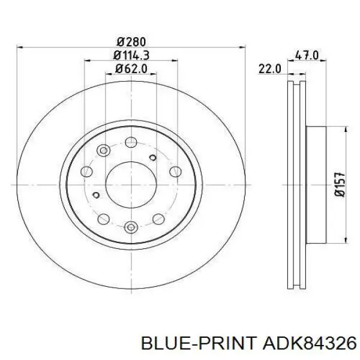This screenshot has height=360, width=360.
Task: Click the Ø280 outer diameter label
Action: (x=131, y=42)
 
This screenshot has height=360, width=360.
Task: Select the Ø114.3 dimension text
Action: (x=131, y=55)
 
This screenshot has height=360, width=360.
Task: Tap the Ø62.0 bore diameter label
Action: (x=131, y=68)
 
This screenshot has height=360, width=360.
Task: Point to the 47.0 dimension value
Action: (x=307, y=55)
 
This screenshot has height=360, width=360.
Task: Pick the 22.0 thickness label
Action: (x=270, y=68)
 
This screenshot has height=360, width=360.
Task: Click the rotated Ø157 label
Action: (x=340, y=184)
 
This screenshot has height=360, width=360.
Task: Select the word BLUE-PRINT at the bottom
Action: (x=199, y=344)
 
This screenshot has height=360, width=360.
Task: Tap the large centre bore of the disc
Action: (x=131, y=185)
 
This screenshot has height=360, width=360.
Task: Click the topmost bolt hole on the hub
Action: (x=131, y=142)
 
